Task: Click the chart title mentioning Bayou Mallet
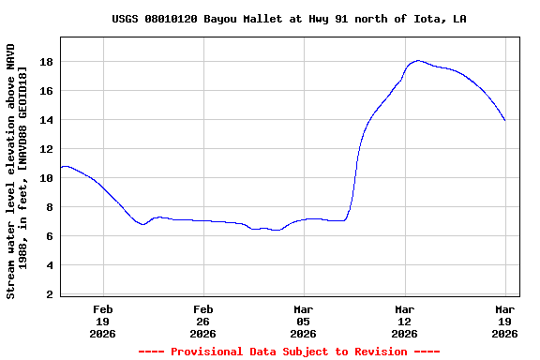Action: (289, 19)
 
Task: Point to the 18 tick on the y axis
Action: (45, 62)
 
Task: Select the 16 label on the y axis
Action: (45, 91)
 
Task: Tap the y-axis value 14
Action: (45, 120)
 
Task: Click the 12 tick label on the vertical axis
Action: (45, 149)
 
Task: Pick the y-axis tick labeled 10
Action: (45, 178)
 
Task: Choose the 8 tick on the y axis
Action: (49, 207)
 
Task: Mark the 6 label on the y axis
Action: (49, 236)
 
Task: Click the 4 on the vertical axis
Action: (49, 265)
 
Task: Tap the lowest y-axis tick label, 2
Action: (49, 294)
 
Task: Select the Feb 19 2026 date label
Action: (102, 321)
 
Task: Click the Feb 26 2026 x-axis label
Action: (203, 321)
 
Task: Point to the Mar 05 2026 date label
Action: (304, 321)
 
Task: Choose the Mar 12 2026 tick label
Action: (404, 321)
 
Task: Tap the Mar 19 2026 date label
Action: (505, 321)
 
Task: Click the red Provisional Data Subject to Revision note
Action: (289, 352)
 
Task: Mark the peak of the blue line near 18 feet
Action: (418, 60)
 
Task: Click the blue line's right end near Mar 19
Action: (505, 121)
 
